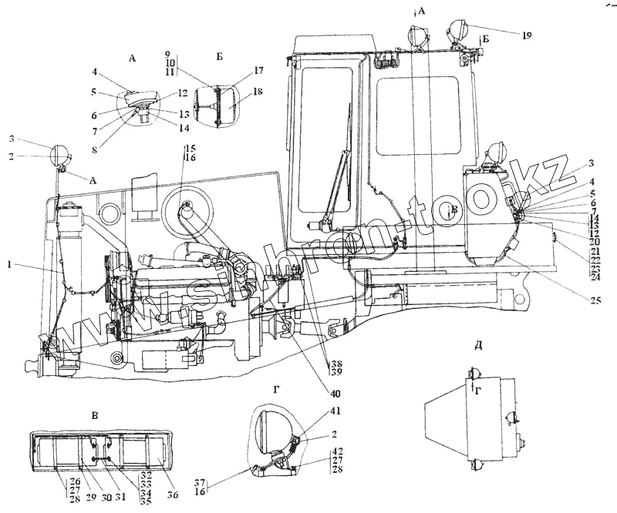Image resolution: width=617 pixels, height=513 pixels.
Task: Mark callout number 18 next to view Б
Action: (236, 92)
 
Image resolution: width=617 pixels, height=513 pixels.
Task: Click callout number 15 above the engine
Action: (190, 147)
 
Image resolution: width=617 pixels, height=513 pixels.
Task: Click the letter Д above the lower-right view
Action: (478, 344)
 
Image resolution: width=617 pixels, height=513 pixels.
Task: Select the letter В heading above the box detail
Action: (95, 417)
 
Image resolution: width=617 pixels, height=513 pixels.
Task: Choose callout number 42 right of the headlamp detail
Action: (337, 451)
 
